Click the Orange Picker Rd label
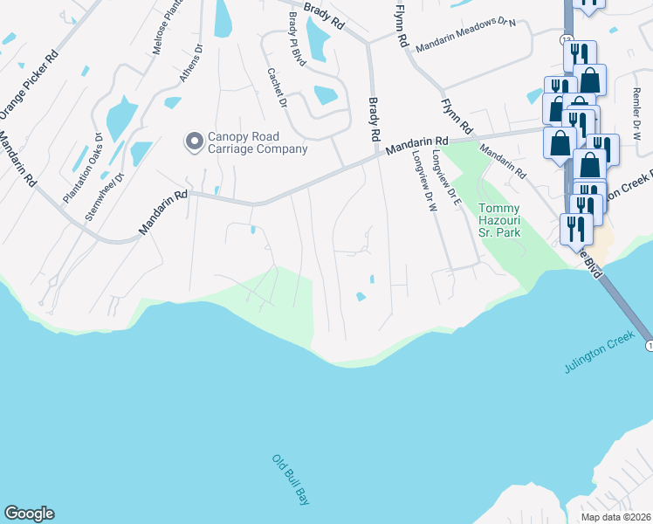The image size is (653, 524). [29, 84]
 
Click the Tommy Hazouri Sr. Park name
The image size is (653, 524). [499, 221]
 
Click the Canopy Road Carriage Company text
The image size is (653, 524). [258, 143]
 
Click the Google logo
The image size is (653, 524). [29, 514]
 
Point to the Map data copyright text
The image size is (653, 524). [616, 517]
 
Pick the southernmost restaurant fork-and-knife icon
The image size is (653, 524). [575, 230]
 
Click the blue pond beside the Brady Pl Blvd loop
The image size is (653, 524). [325, 95]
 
